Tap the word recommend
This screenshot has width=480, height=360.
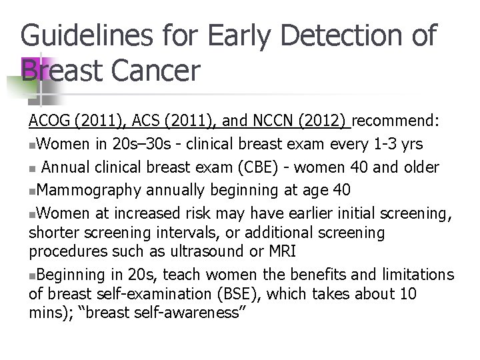[393, 122]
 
